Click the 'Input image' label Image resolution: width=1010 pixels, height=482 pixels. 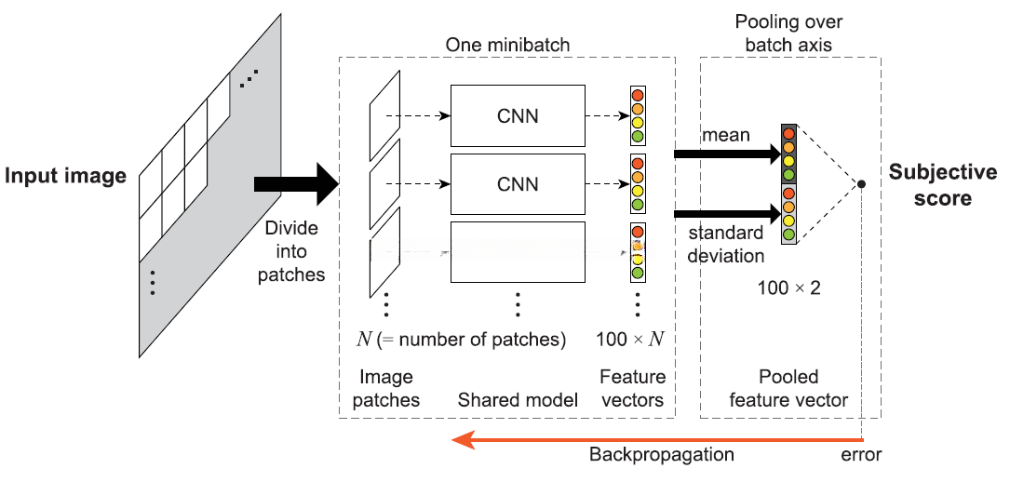pyautogui.click(x=65, y=176)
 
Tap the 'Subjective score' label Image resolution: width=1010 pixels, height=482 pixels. pyautogui.click(x=942, y=185)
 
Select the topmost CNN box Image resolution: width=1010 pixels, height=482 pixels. pyautogui.click(x=518, y=115)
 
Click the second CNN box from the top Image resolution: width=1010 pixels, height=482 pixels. pyautogui.click(x=518, y=183)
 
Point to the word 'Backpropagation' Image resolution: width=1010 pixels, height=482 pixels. pyautogui.click(x=661, y=455)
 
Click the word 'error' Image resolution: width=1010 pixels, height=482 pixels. pyautogui.click(x=861, y=455)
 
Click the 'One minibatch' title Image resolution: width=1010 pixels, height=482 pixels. pyautogui.click(x=507, y=45)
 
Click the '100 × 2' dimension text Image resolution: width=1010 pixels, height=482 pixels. pyautogui.click(x=789, y=288)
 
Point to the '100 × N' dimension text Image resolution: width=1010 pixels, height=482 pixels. pyautogui.click(x=630, y=340)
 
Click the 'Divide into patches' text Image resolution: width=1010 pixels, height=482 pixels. pyautogui.click(x=291, y=251)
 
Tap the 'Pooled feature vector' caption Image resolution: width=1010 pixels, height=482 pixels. pyautogui.click(x=788, y=389)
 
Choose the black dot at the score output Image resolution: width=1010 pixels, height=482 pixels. pyautogui.click(x=862, y=184)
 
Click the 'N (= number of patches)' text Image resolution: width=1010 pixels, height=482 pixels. pyautogui.click(x=462, y=340)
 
